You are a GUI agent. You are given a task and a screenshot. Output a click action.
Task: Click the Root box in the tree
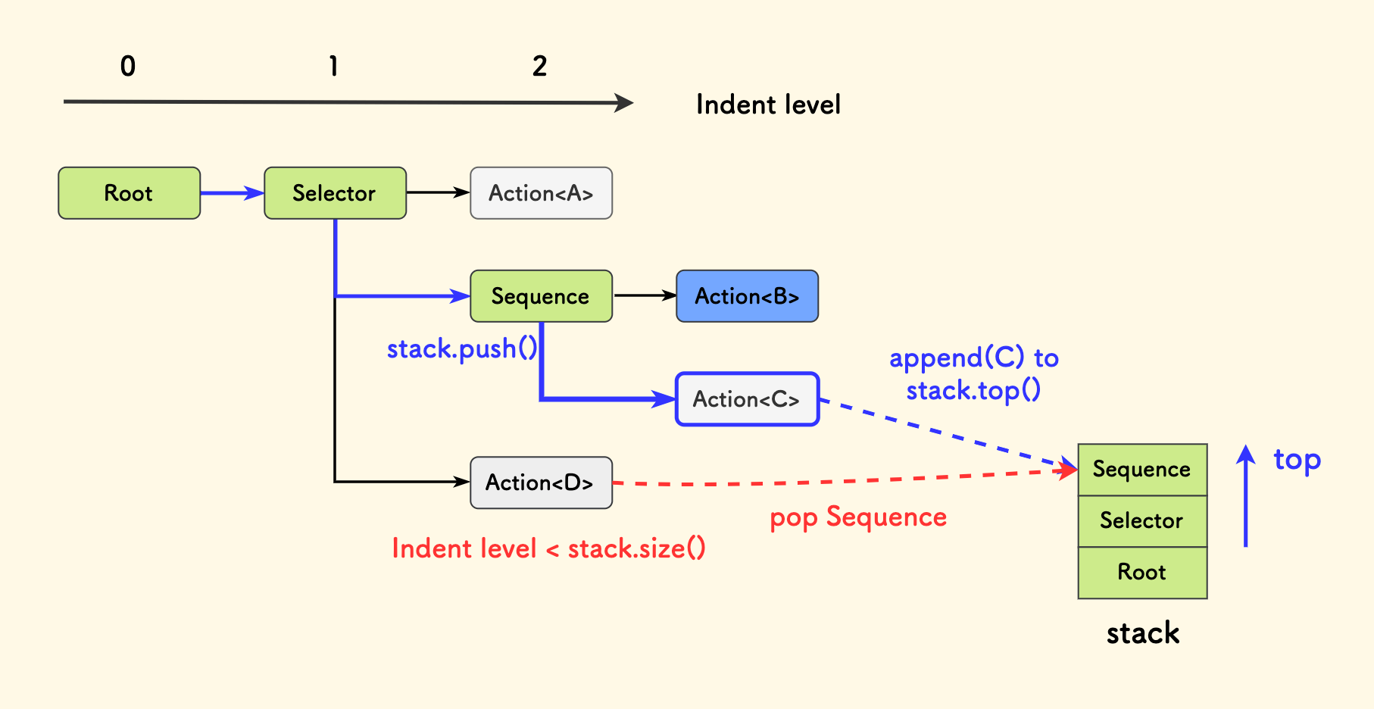(x=129, y=193)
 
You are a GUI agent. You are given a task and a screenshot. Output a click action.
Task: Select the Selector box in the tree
(x=335, y=193)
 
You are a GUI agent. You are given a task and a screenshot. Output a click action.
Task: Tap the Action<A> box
(x=541, y=193)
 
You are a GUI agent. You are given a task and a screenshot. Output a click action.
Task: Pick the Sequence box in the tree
(x=541, y=296)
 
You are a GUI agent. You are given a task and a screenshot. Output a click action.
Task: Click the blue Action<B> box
(x=747, y=296)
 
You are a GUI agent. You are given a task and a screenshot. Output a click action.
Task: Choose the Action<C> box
(x=747, y=399)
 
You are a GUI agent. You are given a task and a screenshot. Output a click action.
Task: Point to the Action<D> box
(x=541, y=483)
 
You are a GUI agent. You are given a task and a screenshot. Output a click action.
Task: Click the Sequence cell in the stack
(x=1142, y=470)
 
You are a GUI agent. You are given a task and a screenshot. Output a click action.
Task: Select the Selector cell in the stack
(x=1142, y=521)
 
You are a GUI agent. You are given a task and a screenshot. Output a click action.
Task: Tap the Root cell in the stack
(x=1142, y=573)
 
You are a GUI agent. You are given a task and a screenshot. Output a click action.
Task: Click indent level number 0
(x=128, y=67)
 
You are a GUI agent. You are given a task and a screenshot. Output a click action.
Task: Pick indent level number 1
(x=333, y=67)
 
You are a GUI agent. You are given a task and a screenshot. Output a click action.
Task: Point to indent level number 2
(x=539, y=67)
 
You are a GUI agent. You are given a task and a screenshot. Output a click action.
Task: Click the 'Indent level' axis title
(x=768, y=105)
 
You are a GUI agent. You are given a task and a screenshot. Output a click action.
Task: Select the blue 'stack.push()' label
(x=462, y=349)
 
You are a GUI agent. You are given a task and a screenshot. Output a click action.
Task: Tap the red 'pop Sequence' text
(x=858, y=517)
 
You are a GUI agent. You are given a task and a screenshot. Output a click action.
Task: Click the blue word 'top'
(x=1297, y=460)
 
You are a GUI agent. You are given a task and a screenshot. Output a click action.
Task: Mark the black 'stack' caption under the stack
(x=1142, y=633)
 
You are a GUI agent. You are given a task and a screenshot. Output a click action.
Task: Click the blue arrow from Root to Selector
(x=232, y=193)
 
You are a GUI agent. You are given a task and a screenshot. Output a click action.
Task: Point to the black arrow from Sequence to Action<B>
(x=644, y=295)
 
